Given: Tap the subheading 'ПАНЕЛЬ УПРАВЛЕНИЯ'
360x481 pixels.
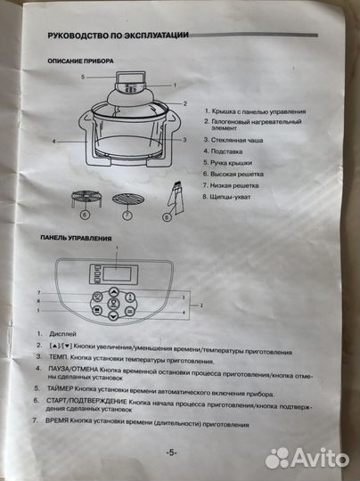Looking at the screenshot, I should [77, 239].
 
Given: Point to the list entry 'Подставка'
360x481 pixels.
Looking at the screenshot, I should [229, 151].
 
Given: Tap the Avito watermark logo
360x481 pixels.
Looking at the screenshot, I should [307, 457].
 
